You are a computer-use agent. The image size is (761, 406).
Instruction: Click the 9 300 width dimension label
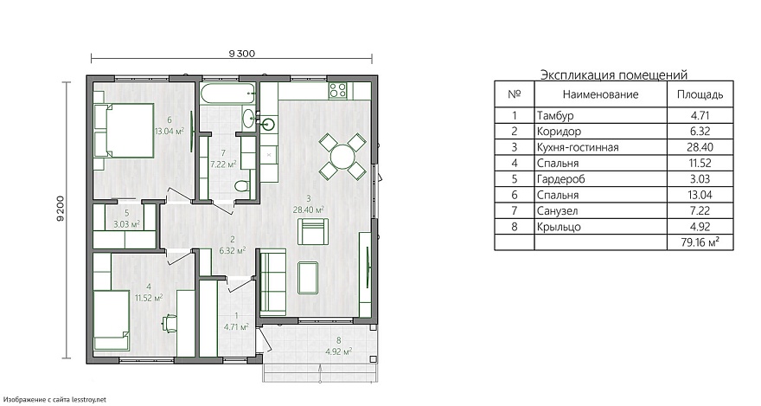[241, 54]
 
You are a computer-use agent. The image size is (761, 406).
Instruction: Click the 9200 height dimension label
[61, 209]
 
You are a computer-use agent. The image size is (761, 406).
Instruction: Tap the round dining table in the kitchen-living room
[342, 157]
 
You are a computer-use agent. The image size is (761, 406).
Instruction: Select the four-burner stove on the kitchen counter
[338, 90]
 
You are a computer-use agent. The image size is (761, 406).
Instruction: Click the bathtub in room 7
[228, 93]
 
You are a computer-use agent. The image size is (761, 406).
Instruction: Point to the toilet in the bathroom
[241, 185]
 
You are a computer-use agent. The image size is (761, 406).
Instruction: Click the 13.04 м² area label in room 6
[169, 131]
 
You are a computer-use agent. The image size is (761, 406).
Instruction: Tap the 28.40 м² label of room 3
[308, 209]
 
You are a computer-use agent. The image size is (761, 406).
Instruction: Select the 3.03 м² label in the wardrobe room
[126, 224]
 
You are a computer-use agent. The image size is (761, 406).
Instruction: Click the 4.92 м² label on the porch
[339, 351]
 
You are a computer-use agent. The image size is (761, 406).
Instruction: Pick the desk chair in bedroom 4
[170, 323]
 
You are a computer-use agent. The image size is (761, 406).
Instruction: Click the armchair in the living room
[313, 231]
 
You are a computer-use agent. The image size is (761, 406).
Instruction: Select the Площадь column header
[700, 94]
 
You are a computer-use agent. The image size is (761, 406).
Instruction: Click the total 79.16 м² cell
[700, 242]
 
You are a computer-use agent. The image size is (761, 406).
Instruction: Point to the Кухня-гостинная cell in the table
[578, 147]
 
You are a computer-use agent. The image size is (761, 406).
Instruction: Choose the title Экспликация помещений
[614, 74]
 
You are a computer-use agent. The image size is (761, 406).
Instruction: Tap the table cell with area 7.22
[700, 210]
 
